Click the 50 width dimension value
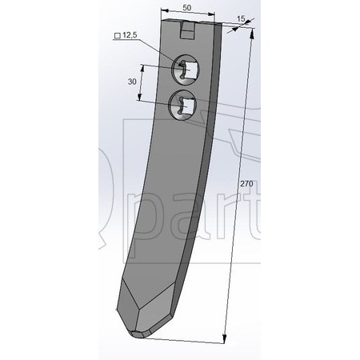(187, 8)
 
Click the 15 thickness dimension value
(241, 18)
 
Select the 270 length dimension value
(246, 184)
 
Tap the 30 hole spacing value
(132, 82)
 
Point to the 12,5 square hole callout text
(130, 34)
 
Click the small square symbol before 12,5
(117, 35)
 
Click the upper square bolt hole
(191, 69)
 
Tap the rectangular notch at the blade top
(188, 30)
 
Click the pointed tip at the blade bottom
(138, 334)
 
